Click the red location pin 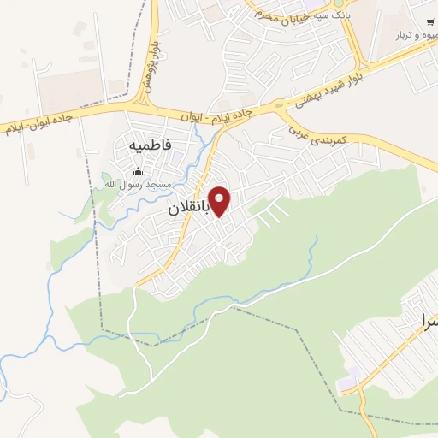[x=220, y=201]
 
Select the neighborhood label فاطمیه [x=152, y=145]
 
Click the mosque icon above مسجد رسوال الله [x=138, y=171]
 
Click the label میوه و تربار [x=416, y=36]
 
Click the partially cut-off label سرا [x=426, y=322]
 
